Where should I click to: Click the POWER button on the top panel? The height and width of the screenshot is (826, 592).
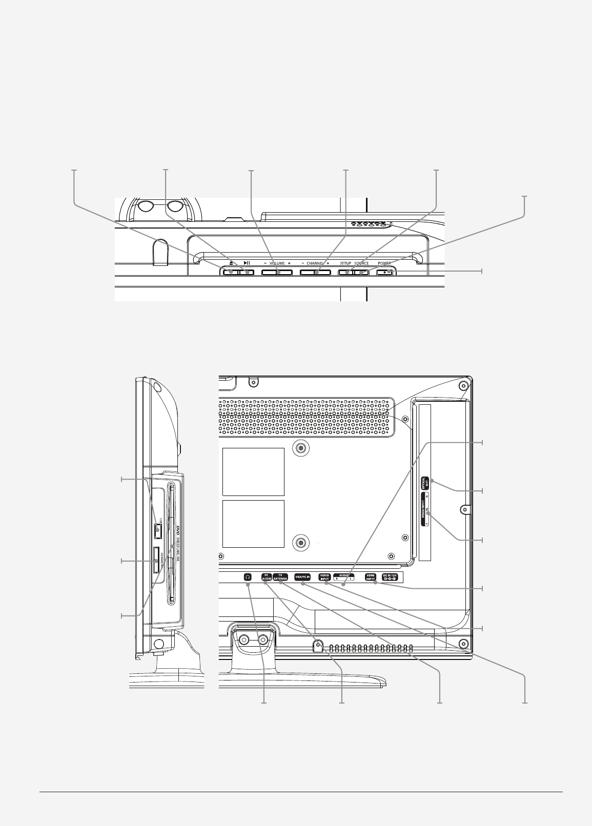point(385,272)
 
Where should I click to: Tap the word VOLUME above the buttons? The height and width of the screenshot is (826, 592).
point(277,263)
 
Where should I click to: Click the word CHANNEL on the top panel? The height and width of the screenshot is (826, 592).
point(315,263)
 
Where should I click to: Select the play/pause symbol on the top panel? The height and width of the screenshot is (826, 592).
point(247,263)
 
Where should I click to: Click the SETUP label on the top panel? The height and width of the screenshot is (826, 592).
point(345,263)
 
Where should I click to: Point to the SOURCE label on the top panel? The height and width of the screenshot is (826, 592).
point(361,263)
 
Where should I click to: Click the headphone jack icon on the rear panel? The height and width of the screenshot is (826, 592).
point(248,576)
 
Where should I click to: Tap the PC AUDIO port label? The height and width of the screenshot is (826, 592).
point(266,576)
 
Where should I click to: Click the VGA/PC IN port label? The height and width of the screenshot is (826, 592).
point(303,576)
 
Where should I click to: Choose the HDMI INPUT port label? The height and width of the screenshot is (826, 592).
point(370,576)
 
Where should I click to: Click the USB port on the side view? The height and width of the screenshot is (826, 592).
point(157,531)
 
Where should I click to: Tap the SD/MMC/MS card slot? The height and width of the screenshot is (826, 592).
point(156,561)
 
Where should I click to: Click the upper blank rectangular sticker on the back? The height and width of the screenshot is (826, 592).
point(253,471)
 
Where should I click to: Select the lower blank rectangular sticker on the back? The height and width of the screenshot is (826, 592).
point(253,524)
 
